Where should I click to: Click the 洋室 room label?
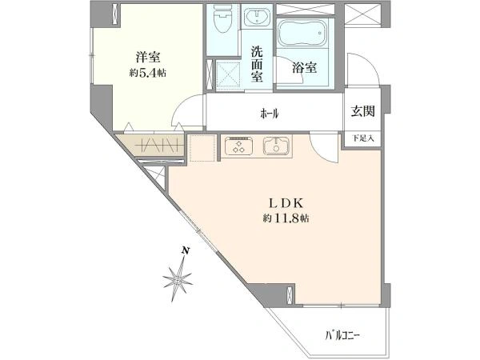coord(145,57)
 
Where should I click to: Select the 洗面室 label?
coord(258,64)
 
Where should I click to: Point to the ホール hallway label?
coord(269,114)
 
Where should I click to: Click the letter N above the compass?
coord(185,250)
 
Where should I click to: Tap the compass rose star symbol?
coord(178,279)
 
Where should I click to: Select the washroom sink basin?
coord(258,19)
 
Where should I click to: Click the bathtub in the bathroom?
coord(304,36)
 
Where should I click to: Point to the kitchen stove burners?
coord(238,146)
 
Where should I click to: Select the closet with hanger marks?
coord(152,146)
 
